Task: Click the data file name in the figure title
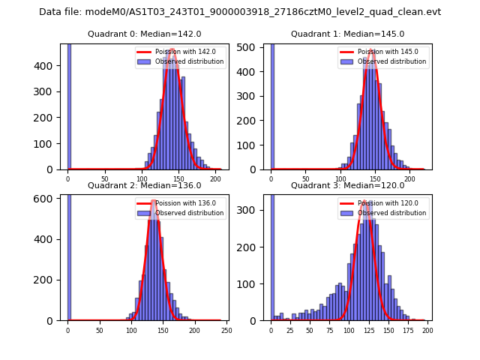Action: tap(240, 12)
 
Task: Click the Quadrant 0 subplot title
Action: tap(145, 34)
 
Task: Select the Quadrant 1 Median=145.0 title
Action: tap(347, 34)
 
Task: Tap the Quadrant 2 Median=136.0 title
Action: tap(145, 185)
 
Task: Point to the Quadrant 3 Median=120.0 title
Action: tap(347, 185)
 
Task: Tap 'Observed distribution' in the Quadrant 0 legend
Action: tap(189, 61)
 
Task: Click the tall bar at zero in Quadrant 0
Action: tap(68, 105)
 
